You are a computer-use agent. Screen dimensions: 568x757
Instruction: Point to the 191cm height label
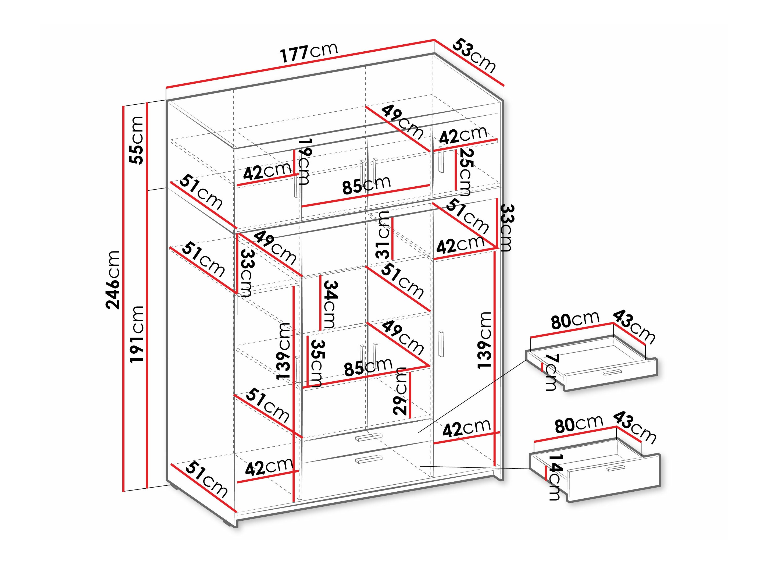point(137,334)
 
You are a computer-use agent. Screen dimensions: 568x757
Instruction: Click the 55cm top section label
point(136,140)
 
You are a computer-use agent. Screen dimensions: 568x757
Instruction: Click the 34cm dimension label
point(330,304)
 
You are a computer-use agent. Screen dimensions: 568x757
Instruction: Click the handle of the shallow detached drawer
point(612,372)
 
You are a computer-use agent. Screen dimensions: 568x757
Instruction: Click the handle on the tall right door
point(441,344)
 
